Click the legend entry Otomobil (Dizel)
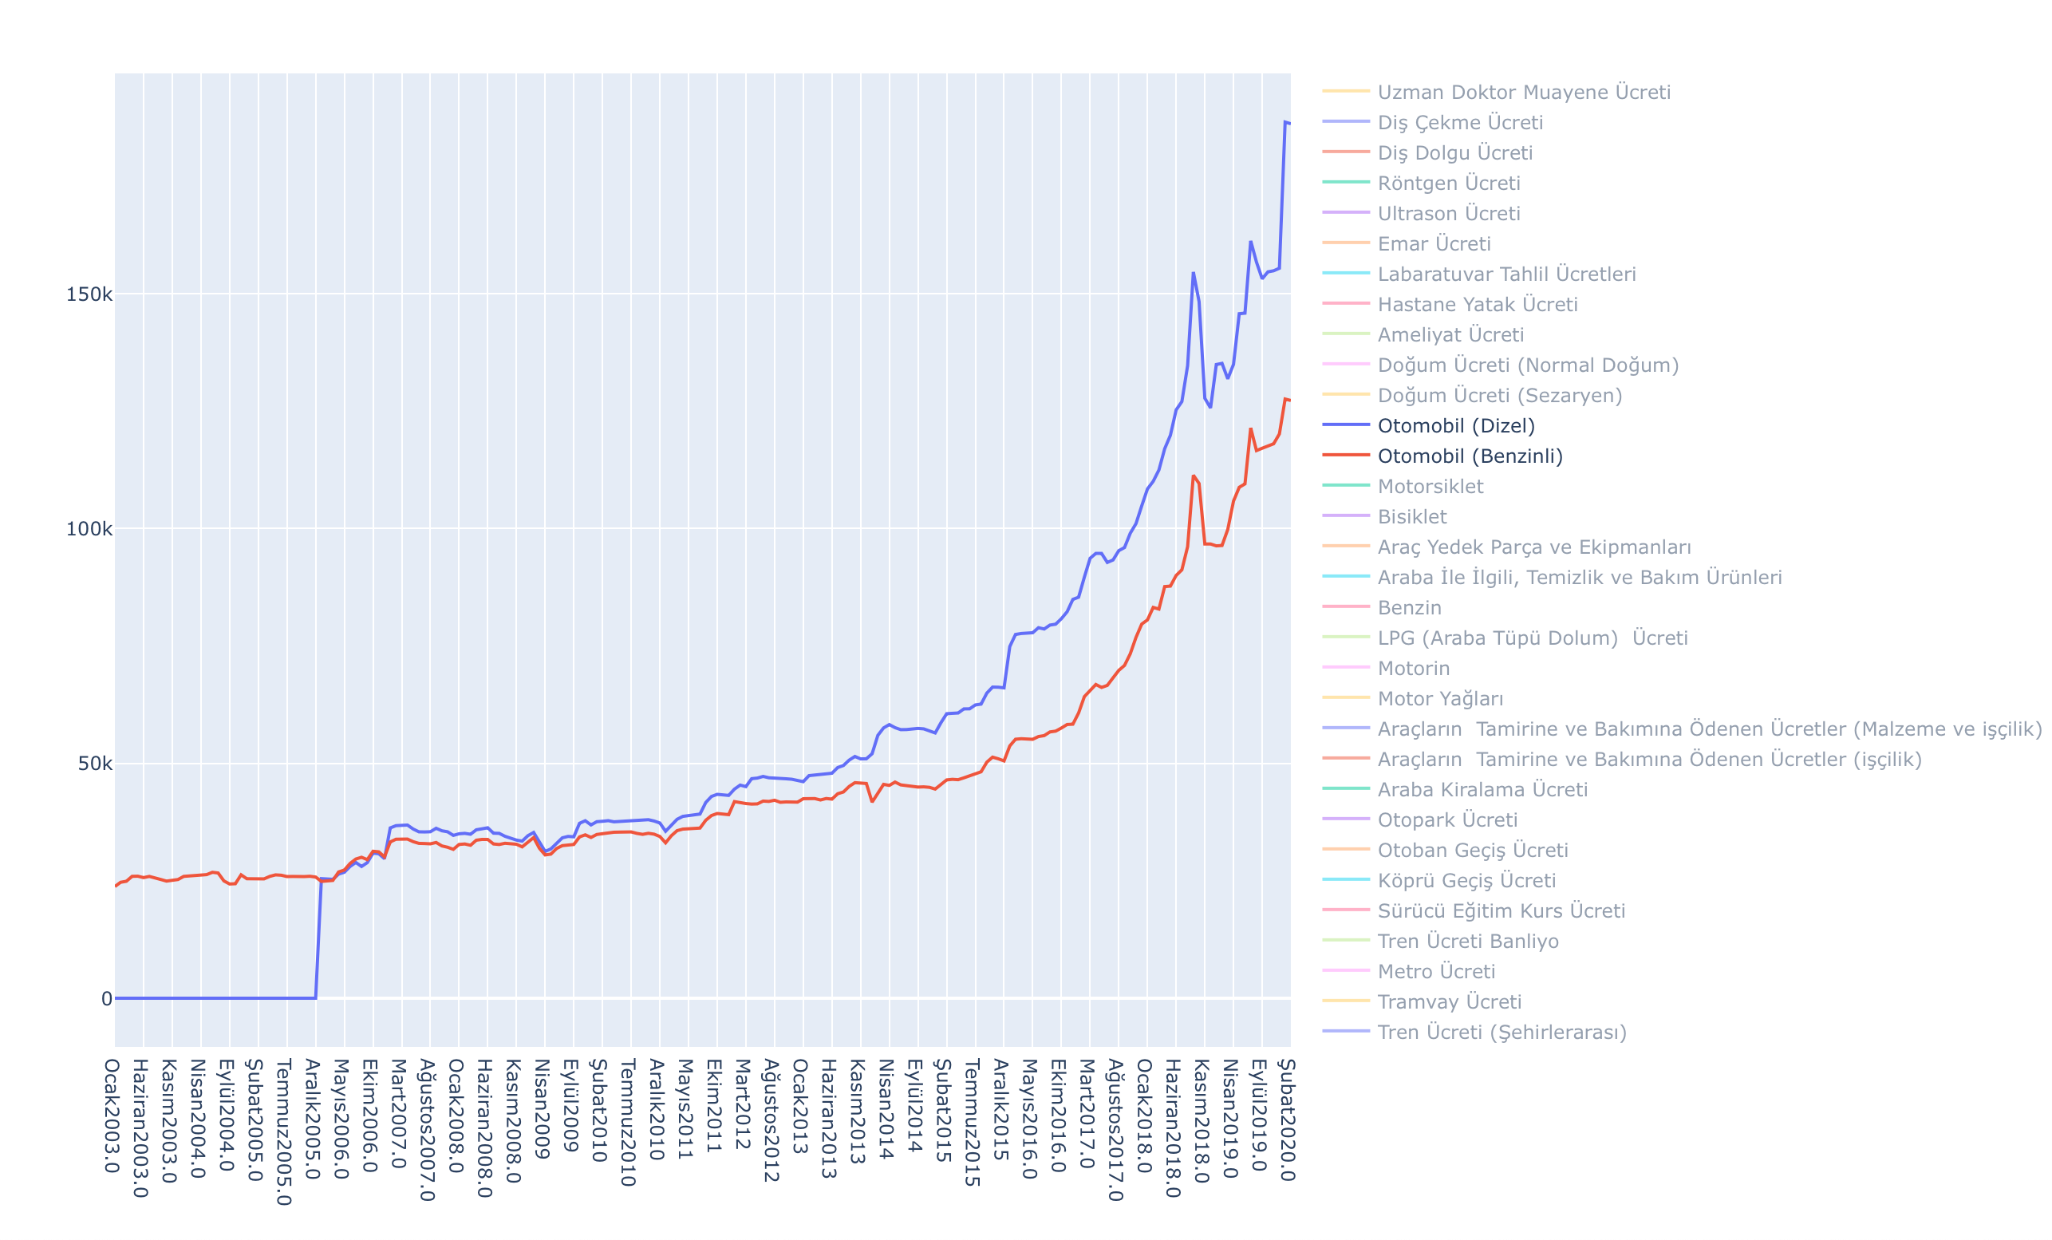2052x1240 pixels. coord(1456,425)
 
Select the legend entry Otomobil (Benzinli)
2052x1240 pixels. coord(1470,456)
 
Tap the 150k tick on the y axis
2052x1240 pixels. coord(89,294)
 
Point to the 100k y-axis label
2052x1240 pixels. coord(89,530)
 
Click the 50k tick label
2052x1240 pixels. coord(94,764)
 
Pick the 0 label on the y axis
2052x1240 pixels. coord(107,998)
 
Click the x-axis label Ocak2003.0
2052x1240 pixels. coord(112,1116)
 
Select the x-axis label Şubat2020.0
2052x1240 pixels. coord(1288,1120)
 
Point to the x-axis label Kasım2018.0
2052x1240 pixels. coord(1202,1120)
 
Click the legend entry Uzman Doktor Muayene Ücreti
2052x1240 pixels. coord(1523,93)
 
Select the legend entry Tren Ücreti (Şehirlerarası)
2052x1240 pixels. coord(1502,1033)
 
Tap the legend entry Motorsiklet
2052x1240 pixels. coord(1430,486)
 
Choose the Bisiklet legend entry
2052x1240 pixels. coord(1411,517)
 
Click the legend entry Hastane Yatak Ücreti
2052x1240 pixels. coord(1478,305)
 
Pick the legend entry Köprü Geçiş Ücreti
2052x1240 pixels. coord(1466,881)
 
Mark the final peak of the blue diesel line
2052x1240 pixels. coord(1285,122)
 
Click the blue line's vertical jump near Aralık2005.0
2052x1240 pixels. coord(318,937)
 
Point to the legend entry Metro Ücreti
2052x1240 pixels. coord(1436,972)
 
